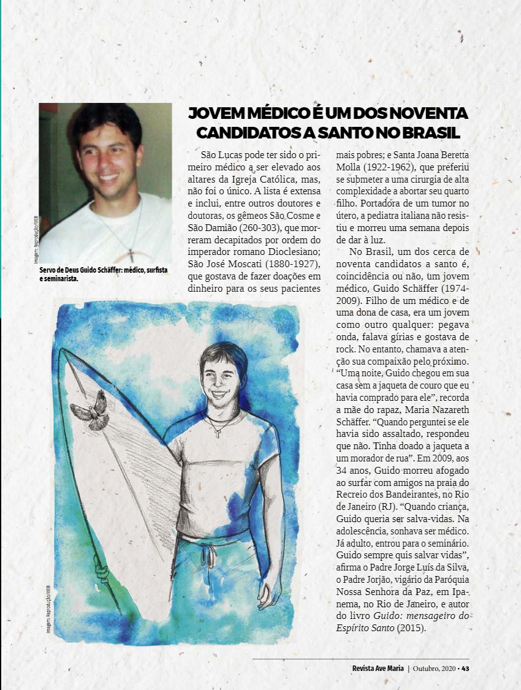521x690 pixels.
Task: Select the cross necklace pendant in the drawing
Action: [217, 432]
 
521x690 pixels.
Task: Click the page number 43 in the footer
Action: [466, 668]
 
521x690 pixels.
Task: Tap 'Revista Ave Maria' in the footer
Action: [378, 668]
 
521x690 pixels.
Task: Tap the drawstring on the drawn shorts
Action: [210, 555]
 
